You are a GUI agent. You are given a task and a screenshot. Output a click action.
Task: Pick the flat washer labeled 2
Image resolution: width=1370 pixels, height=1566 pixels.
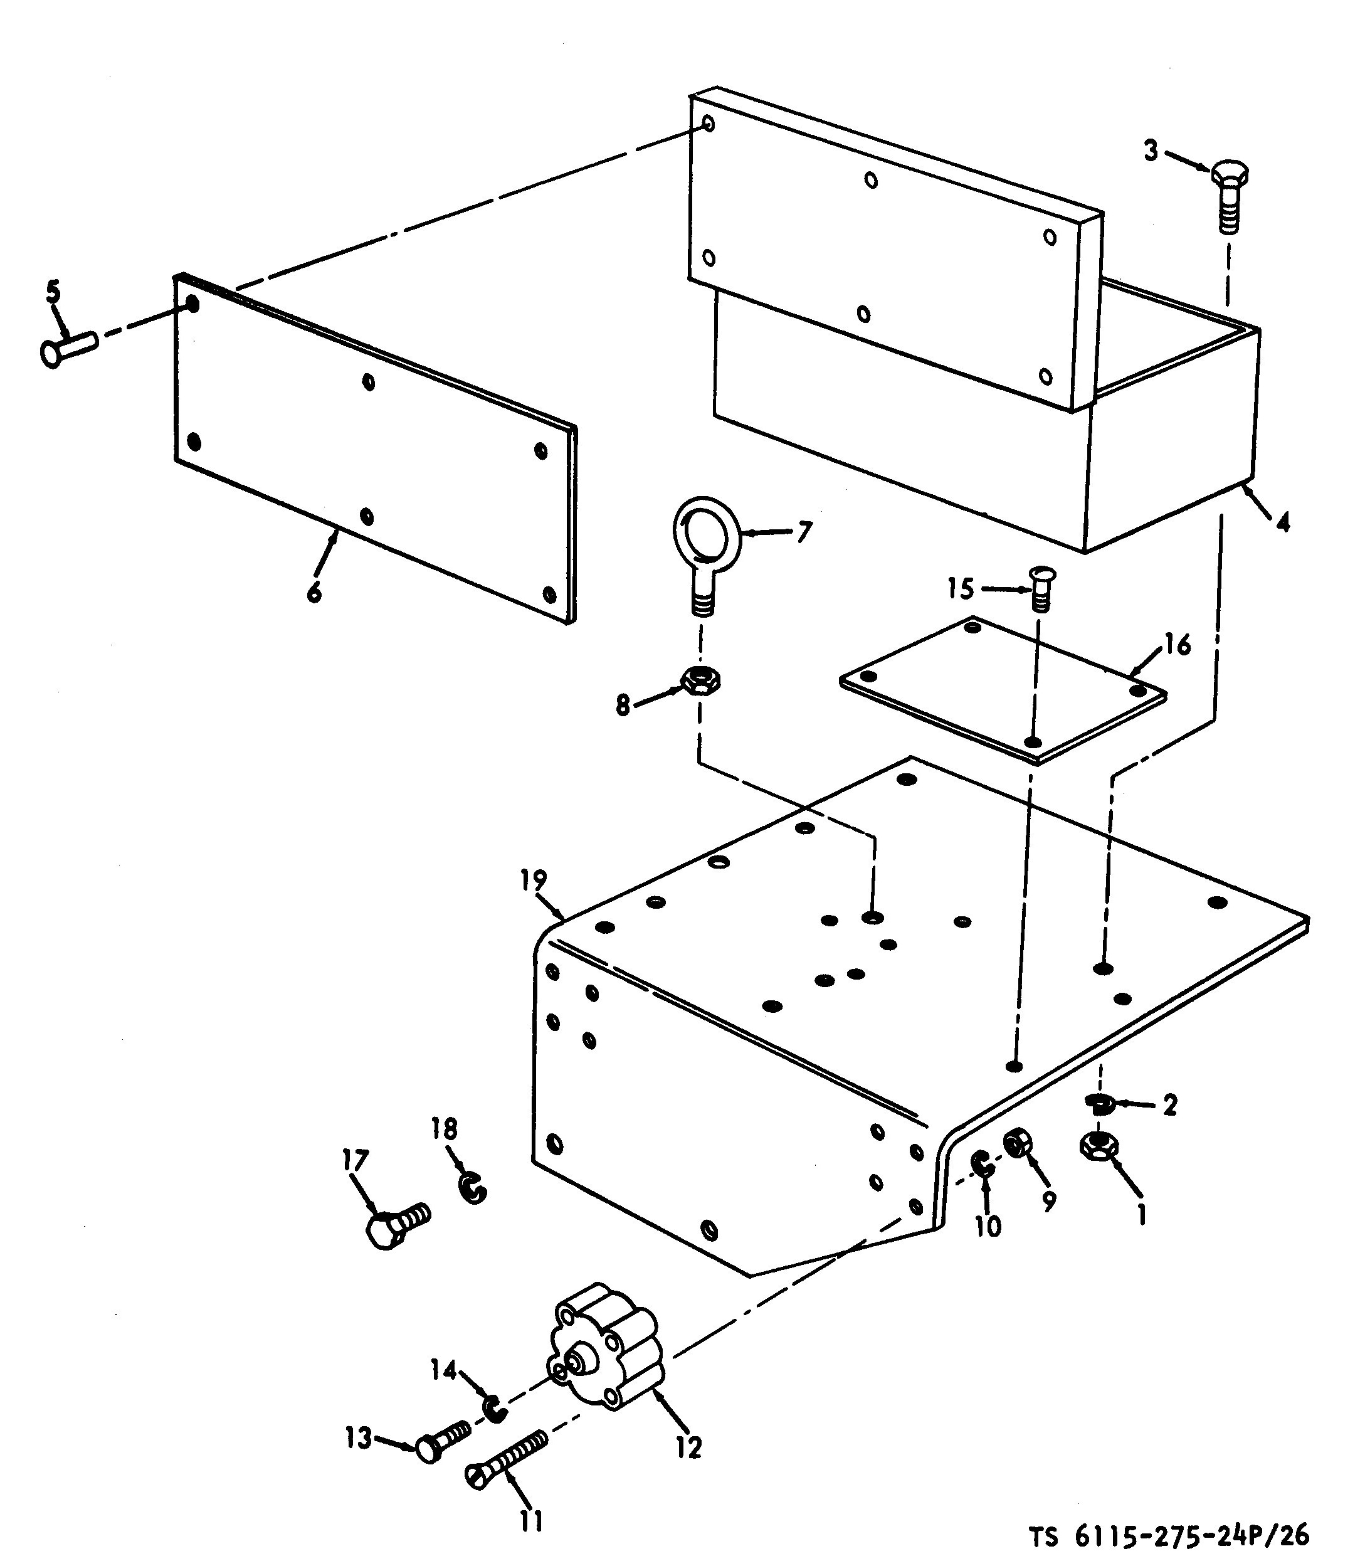tap(1099, 1102)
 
